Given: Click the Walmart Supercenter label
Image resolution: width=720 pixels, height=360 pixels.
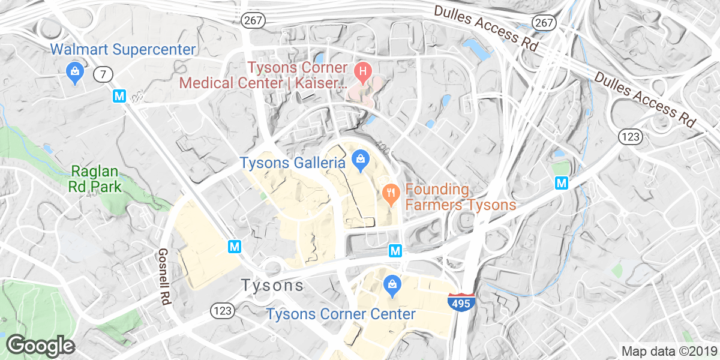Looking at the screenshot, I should (123, 49).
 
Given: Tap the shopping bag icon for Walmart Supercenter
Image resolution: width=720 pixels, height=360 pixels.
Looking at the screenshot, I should (74, 71).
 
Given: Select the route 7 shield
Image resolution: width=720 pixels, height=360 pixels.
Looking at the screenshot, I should (103, 75).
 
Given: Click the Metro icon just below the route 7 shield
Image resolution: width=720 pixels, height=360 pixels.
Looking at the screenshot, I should (119, 95).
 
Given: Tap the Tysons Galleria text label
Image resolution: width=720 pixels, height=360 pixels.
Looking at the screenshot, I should (292, 163).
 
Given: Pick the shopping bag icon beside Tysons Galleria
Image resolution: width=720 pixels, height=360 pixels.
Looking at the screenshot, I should (359, 159).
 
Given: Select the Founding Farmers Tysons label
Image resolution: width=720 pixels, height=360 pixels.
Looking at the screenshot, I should (460, 197).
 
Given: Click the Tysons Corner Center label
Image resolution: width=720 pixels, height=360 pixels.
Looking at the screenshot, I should (341, 314).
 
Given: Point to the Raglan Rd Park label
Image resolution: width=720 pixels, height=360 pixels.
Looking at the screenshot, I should (96, 178).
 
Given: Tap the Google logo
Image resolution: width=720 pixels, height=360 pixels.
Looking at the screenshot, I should (40, 345).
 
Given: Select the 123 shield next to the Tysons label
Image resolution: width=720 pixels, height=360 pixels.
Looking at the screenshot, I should (221, 310).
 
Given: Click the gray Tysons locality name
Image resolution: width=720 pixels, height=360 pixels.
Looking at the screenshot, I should (272, 286).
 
